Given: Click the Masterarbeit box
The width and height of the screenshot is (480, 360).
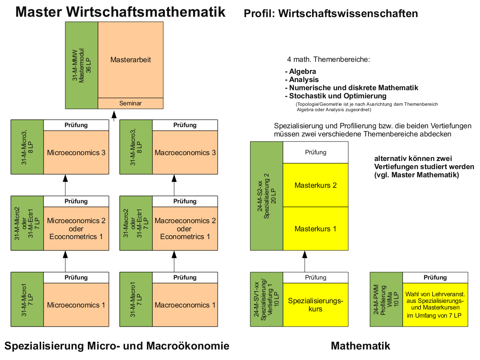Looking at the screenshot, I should click(131, 60).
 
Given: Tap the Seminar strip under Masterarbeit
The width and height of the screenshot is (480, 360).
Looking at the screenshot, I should click(131, 103).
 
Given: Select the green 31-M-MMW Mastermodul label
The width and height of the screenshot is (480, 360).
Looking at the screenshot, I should click(82, 65).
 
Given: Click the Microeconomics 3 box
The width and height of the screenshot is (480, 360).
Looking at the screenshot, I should click(76, 152).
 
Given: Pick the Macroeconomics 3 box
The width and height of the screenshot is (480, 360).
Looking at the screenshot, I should click(185, 152).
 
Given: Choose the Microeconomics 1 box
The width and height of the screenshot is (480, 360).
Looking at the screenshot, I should click(76, 305).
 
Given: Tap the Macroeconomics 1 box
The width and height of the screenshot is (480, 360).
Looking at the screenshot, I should click(185, 305).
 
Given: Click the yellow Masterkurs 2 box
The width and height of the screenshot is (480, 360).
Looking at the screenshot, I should click(316, 185).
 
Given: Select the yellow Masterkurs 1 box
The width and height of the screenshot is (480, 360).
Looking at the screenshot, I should click(316, 229).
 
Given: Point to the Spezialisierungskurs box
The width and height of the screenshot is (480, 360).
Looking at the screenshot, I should click(316, 305).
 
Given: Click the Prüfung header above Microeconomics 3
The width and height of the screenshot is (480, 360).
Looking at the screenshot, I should click(76, 125).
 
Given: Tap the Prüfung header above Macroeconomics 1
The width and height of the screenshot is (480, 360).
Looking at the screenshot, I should click(185, 278).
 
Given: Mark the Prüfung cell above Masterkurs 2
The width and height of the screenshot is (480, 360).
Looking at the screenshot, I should click(316, 152).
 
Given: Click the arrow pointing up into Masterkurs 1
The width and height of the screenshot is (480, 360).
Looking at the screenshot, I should click(305, 260).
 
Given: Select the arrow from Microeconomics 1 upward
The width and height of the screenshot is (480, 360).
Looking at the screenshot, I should click(65, 260).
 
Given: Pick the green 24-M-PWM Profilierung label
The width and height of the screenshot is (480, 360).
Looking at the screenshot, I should click(386, 299).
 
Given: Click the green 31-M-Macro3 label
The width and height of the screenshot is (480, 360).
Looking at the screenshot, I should click(136, 147).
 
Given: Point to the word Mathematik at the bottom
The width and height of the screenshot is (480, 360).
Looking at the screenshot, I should click(360, 346).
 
